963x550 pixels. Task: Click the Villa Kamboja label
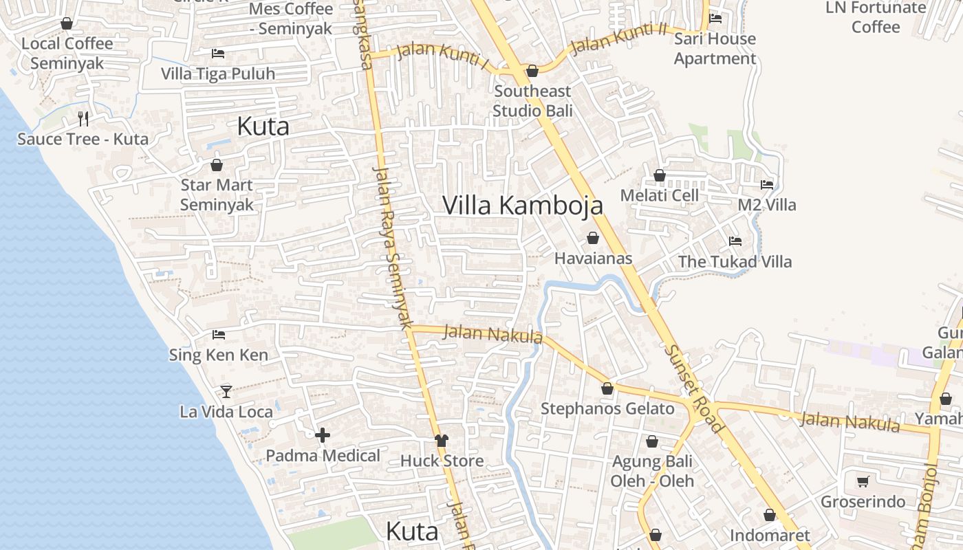tap(522, 205)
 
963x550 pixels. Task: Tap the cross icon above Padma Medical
tap(323, 435)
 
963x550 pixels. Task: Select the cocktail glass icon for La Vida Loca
tap(226, 392)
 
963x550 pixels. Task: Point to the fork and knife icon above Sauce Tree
tap(83, 119)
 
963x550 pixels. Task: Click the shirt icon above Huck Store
tap(441, 441)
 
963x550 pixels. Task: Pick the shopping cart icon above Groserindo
tap(863, 481)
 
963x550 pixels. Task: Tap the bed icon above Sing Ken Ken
tap(219, 335)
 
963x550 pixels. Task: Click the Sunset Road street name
tap(694, 388)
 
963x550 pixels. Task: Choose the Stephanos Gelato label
tap(607, 408)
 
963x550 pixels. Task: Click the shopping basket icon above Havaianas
tap(593, 239)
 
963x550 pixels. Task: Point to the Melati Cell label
tap(659, 195)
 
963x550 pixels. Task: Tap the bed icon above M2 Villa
tap(766, 185)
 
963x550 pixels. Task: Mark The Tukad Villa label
tap(735, 261)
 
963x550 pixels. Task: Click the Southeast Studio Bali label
tap(532, 100)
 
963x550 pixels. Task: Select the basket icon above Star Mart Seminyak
tap(216, 165)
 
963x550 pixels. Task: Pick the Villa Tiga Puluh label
tap(218, 74)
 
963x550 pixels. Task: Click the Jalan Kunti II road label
tap(619, 38)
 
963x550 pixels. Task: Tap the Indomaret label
tap(770, 535)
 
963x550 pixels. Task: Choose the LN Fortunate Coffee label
tap(876, 17)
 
